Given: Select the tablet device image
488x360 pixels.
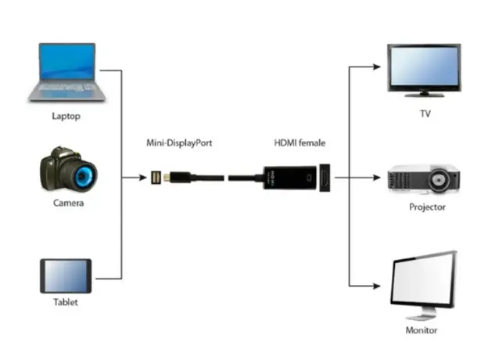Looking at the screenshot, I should coord(66,276).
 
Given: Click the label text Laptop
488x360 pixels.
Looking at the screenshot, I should coord(65,117).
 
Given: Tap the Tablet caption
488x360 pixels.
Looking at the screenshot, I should coord(66,302).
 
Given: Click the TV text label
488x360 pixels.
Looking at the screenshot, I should coord(425,113).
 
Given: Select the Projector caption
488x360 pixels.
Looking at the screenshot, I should coord(428,207).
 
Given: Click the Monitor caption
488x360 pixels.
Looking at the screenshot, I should coord(422,330).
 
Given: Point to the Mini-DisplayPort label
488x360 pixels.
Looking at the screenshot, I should coord(180,143).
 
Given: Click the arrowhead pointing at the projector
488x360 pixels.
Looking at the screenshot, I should coord(382,178).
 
